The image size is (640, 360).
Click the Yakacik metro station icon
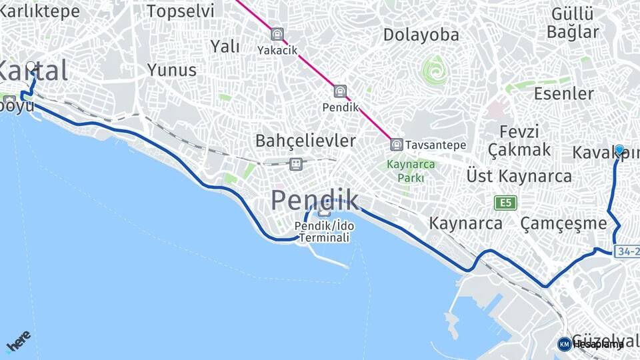coord(277,34)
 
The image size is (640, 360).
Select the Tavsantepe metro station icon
coord(397,145)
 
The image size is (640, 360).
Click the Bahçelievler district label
coord(305,141)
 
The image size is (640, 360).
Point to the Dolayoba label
coord(421,35)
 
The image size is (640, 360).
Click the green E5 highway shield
coord(506,202)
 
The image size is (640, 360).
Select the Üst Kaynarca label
coord(519,176)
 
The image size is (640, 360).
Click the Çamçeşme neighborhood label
coord(563,223)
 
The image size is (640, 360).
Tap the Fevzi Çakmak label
coord(519,140)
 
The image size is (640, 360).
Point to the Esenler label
coord(563,93)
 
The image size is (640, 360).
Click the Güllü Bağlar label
coord(572,22)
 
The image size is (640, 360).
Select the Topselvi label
coord(180,11)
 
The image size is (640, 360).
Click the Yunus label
coord(172,70)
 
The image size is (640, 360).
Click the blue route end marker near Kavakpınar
coord(620,151)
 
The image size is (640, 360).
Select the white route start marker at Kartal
coord(31,67)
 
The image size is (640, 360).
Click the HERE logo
coord(18,341)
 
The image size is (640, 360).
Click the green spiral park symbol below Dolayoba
coord(435,70)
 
